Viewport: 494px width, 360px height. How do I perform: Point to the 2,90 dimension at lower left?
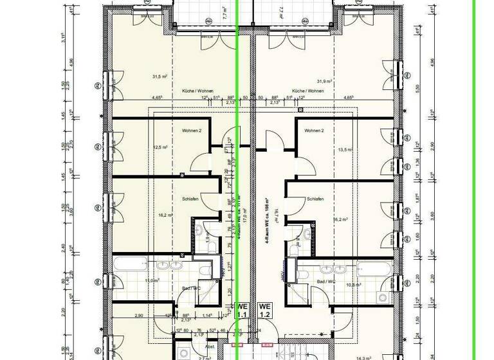point(138,316)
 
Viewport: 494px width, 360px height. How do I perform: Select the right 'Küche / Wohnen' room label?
point(307,91)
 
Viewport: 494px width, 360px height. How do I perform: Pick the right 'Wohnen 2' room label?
point(314,130)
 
